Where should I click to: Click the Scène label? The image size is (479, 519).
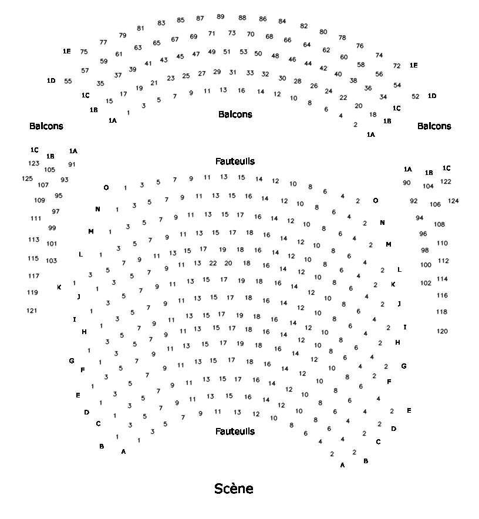234,488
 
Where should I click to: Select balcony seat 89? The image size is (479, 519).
220,16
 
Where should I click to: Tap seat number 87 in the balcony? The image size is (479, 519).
200,18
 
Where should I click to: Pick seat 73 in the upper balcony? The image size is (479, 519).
232,33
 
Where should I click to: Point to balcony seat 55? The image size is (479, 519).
68,81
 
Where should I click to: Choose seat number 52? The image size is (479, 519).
416,96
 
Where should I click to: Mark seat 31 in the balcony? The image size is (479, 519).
232,72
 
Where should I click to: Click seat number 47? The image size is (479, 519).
196,54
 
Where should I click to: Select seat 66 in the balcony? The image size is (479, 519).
287,40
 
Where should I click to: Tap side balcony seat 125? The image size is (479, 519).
28,178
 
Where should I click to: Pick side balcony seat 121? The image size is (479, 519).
32,310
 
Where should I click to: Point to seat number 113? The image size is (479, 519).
33,240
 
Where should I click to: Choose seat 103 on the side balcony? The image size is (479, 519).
52,260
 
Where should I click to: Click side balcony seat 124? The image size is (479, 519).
453,201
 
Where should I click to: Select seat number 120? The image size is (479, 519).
442,331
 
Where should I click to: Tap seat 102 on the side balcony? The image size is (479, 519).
426,283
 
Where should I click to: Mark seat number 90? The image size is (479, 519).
407,183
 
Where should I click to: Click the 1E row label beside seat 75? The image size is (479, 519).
67,52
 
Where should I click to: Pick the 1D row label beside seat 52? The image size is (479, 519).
433,96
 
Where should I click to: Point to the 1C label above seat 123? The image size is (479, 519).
34,150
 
